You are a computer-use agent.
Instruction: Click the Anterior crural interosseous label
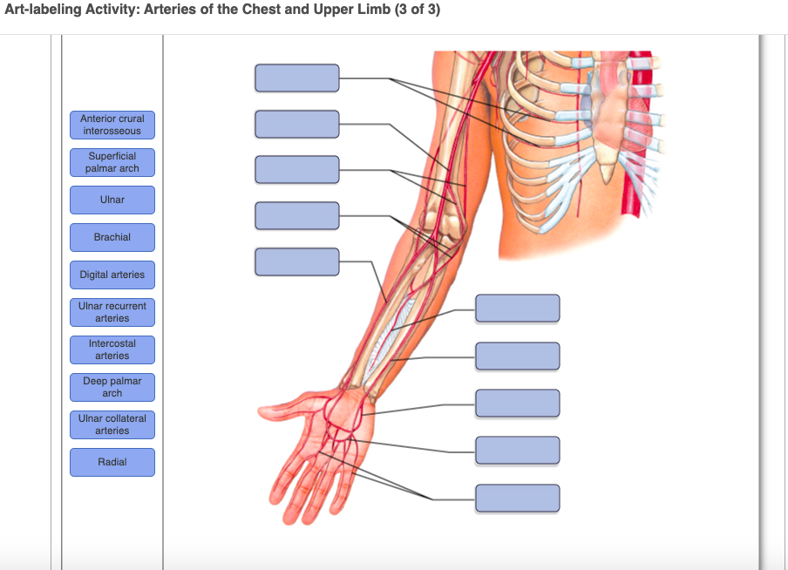pos(112,125)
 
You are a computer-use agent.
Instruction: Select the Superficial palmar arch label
pos(112,162)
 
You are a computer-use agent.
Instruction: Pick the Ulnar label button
pos(112,200)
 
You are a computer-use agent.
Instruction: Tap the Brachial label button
pos(112,237)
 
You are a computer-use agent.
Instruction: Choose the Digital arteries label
pos(112,275)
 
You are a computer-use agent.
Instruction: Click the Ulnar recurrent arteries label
pos(112,312)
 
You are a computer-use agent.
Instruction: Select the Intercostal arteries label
pos(112,349)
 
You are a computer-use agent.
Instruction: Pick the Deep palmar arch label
pos(112,387)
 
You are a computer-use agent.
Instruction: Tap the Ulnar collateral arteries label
pos(112,424)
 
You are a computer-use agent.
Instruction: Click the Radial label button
pos(112,462)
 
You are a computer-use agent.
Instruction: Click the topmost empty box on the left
pos(297,78)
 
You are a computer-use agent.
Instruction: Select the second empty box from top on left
pos(297,124)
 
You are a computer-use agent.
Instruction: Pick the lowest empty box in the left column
pos(297,261)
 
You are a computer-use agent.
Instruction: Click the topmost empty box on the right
pos(518,309)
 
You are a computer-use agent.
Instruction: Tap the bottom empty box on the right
pos(518,498)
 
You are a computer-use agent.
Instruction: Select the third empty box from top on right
pos(518,403)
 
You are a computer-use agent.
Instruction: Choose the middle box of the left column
pos(297,169)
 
